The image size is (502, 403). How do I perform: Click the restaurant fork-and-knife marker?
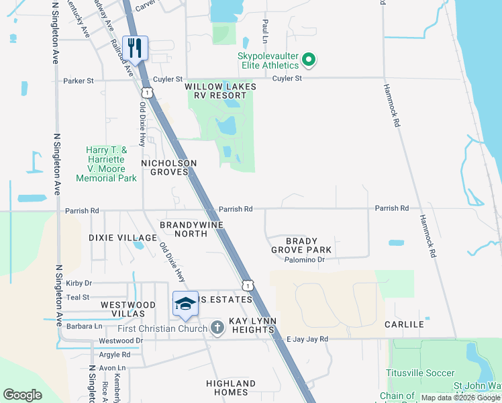(x=136, y=48)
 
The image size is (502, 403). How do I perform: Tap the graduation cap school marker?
(x=185, y=304)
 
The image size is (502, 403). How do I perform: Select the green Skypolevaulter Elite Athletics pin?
(x=309, y=60)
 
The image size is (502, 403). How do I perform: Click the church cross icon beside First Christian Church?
(x=217, y=328)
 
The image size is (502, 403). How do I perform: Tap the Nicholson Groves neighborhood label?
(x=168, y=167)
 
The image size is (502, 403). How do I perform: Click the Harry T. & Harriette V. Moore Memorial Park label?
(x=106, y=164)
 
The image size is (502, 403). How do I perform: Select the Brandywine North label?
(x=191, y=229)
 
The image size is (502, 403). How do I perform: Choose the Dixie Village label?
(x=122, y=238)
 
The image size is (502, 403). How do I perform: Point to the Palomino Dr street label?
(x=304, y=260)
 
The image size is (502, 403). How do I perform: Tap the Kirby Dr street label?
(x=79, y=283)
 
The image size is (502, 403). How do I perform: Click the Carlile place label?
(x=404, y=324)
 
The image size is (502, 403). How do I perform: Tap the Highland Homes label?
(x=227, y=388)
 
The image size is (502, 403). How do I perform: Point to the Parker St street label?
(x=79, y=81)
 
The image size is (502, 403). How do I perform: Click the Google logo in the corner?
(x=22, y=395)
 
